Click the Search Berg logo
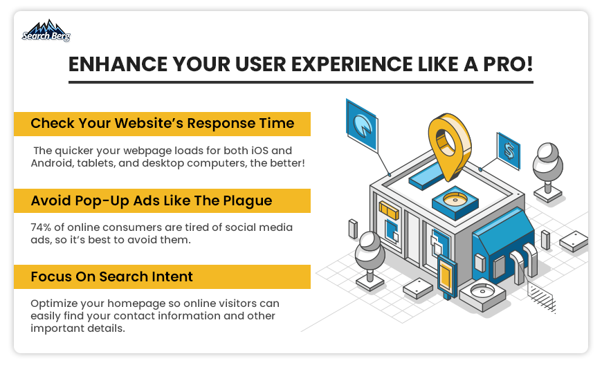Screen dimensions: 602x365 point(46,30)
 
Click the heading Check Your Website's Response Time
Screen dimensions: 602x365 point(163,124)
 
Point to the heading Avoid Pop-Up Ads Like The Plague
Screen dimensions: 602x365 point(152,201)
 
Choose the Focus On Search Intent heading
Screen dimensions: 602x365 point(111,277)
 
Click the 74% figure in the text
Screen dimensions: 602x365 point(41,227)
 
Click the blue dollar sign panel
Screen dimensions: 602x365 point(509,151)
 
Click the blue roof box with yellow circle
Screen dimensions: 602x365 point(455,202)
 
